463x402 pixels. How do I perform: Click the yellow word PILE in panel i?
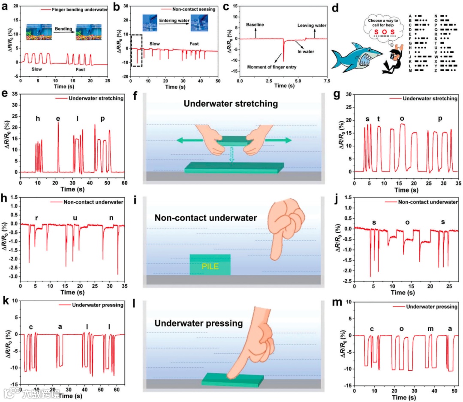tap(210, 266)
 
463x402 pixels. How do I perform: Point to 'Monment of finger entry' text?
tap(271, 67)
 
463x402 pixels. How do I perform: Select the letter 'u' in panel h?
tap(75, 218)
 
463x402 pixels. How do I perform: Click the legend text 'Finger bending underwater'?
tap(80, 9)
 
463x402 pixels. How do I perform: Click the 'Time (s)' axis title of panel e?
tap(72, 189)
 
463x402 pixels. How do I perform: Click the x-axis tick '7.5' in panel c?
tap(326, 80)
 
